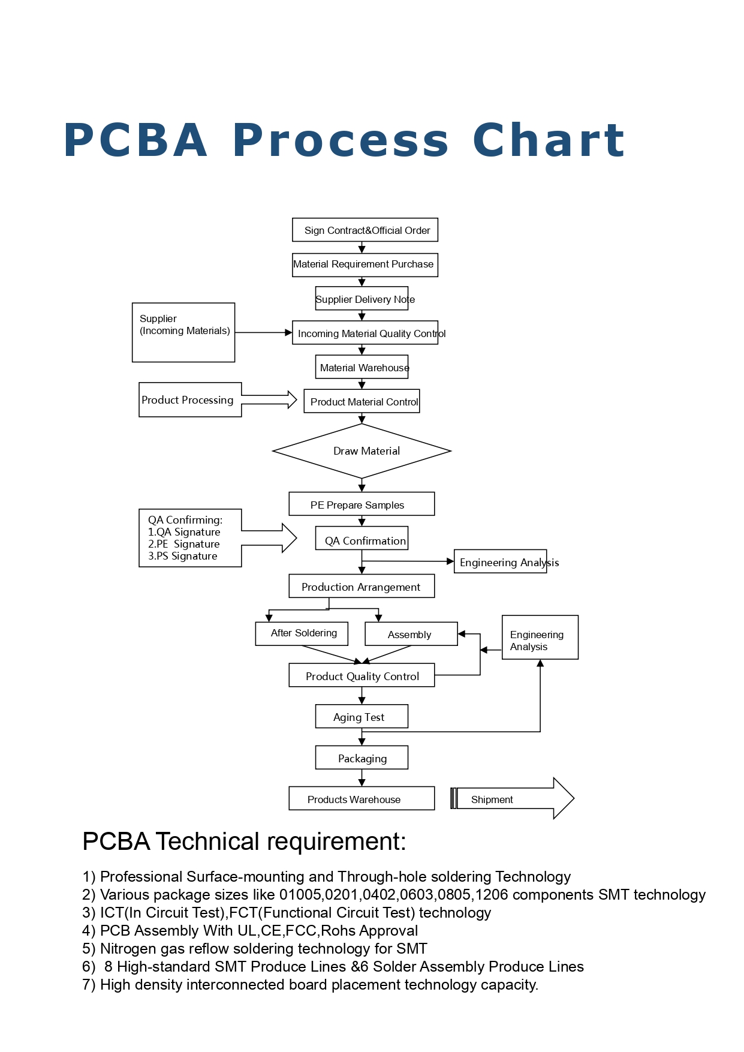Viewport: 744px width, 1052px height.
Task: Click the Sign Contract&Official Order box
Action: point(365,230)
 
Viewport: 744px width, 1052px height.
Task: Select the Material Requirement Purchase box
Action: point(365,264)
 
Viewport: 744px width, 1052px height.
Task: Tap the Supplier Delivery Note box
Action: point(362,298)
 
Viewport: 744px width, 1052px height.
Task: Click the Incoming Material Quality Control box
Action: point(365,333)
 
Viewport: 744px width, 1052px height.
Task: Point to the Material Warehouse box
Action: point(362,367)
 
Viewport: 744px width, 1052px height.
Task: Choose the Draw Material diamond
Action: point(362,451)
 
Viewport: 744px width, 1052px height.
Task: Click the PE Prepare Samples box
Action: point(362,504)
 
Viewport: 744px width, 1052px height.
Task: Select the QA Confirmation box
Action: point(362,538)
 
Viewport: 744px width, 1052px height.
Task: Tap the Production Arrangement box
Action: point(362,586)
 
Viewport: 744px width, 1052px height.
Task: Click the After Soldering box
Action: point(302,633)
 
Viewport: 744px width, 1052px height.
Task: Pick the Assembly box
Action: point(411,634)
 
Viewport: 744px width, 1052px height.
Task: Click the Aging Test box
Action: point(362,716)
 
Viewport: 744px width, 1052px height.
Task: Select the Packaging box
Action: point(362,758)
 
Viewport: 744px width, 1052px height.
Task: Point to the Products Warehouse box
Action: point(362,798)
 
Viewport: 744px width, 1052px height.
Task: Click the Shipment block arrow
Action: point(513,798)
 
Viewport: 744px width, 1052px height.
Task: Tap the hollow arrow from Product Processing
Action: point(269,399)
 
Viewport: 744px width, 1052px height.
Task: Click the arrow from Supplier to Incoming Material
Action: point(264,332)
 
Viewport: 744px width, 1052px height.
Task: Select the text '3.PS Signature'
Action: point(183,556)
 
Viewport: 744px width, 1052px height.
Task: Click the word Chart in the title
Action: point(549,140)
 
